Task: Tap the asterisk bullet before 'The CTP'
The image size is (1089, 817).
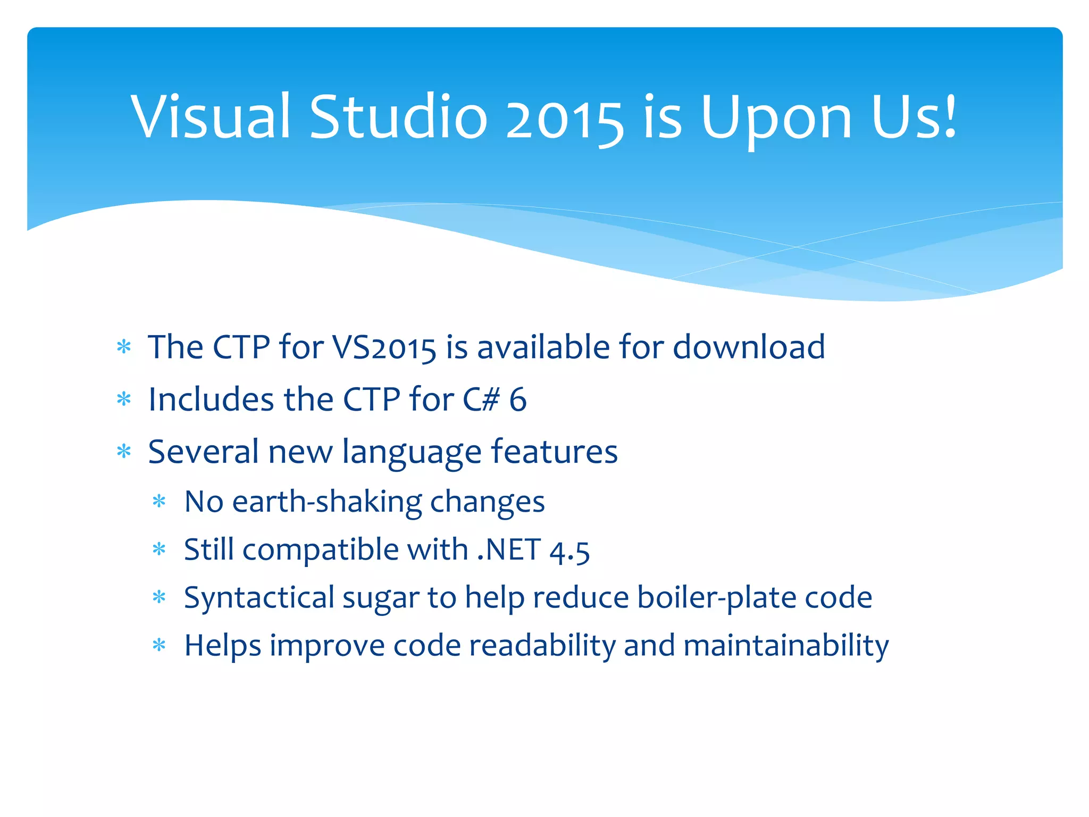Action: pyautogui.click(x=124, y=347)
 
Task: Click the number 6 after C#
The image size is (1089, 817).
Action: pyautogui.click(x=517, y=399)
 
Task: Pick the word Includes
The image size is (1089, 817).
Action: pyautogui.click(x=211, y=399)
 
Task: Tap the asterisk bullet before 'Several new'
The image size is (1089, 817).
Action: pyautogui.click(x=124, y=452)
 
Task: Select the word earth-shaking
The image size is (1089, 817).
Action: pyautogui.click(x=326, y=502)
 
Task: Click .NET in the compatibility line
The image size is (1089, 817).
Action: pyautogui.click(x=509, y=549)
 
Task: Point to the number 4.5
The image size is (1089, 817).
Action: pyautogui.click(x=569, y=551)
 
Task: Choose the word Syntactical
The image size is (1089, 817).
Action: pyautogui.click(x=259, y=598)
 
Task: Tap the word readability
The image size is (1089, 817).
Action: pyautogui.click(x=542, y=646)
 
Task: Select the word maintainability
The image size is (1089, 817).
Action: pyautogui.click(x=786, y=646)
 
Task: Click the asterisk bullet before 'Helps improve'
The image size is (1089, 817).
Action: pyautogui.click(x=159, y=646)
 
